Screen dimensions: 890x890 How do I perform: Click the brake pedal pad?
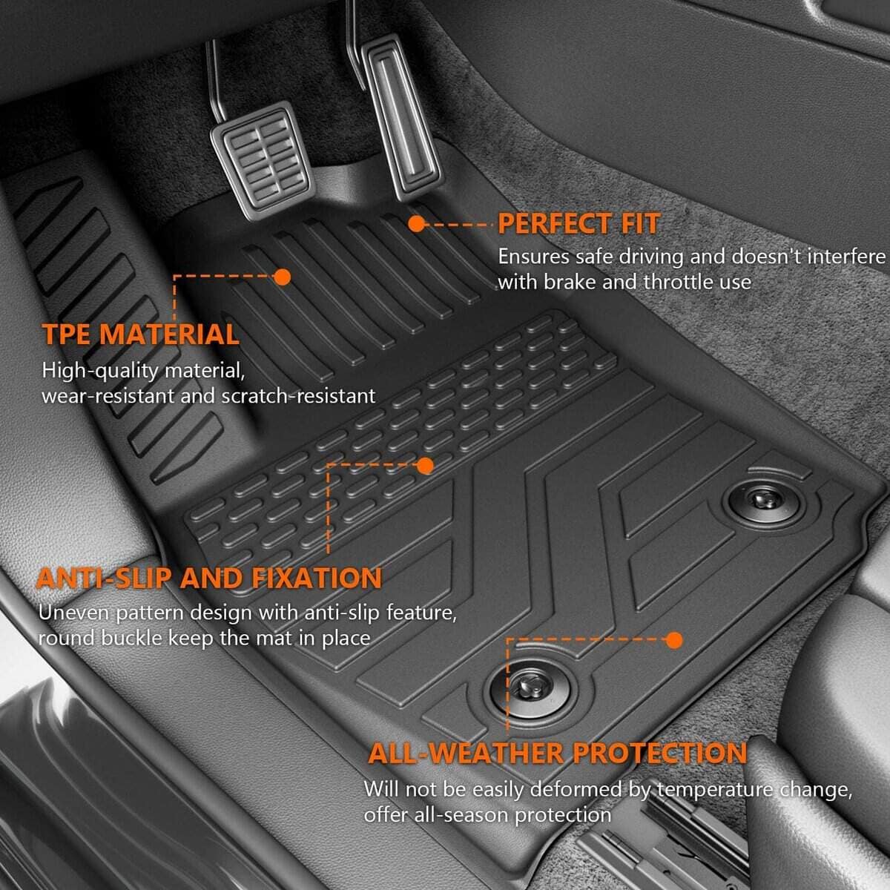pos(260,161)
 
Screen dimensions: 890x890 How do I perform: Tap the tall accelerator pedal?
pos(400,118)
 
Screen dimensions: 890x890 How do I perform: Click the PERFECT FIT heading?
pos(578,224)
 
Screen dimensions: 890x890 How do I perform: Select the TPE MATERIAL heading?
pos(140,334)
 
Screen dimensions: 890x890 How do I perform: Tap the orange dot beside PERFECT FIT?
pos(417,225)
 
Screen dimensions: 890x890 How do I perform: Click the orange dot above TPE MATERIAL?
pos(282,277)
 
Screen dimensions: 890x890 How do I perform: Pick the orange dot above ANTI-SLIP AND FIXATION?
pos(425,466)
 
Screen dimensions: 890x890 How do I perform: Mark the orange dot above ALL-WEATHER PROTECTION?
pos(674,640)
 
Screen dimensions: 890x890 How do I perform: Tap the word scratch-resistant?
pos(298,396)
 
